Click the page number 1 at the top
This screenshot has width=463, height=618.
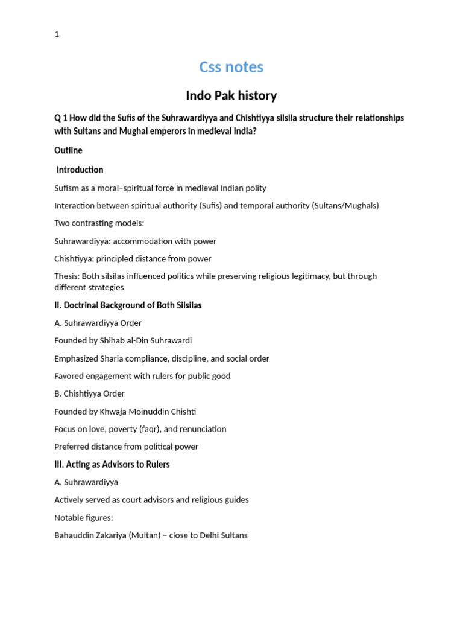57,34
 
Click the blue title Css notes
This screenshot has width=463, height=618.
231,67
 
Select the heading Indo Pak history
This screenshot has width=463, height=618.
231,95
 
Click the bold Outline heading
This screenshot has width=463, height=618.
68,150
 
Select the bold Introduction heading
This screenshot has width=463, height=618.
80,170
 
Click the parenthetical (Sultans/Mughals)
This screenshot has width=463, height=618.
345,206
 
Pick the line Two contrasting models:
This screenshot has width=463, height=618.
99,223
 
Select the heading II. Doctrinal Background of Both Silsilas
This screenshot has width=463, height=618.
128,305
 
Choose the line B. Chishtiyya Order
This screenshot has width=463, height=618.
89,393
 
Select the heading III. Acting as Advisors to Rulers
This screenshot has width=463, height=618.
112,464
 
